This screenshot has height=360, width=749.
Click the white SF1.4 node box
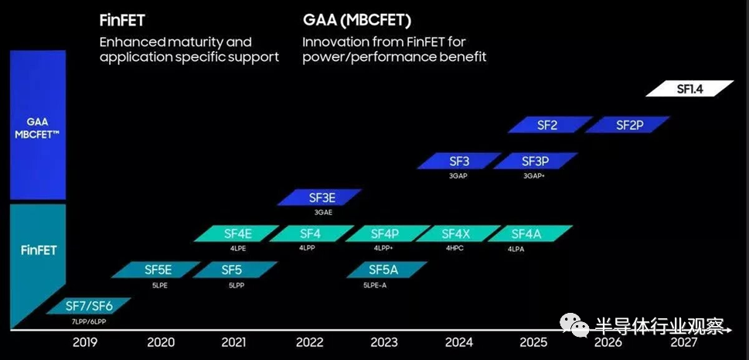pos(689,88)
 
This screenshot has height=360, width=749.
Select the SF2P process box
pos(628,124)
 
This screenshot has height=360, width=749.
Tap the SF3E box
pos(319,197)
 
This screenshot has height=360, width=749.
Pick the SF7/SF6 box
pos(88,306)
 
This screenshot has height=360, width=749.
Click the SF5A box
pos(387,270)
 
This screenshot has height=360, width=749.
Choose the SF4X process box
pos(458,233)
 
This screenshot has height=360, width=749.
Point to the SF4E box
pos(237,233)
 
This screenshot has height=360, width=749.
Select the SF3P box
pos(536,161)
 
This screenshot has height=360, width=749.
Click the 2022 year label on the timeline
pos(309,342)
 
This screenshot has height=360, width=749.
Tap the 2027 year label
pos(684,342)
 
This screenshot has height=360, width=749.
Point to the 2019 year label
pos(86,342)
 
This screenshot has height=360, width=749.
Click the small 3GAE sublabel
pos(323,212)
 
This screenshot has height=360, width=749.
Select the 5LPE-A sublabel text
pos(374,285)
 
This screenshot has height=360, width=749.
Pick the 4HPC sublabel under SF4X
pos(455,249)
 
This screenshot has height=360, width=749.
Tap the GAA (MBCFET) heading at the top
pos(357,21)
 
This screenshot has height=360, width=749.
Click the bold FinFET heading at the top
pos(122,21)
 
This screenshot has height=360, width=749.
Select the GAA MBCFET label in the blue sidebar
pos(38,127)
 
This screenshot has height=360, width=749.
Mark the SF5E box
pos(158,270)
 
